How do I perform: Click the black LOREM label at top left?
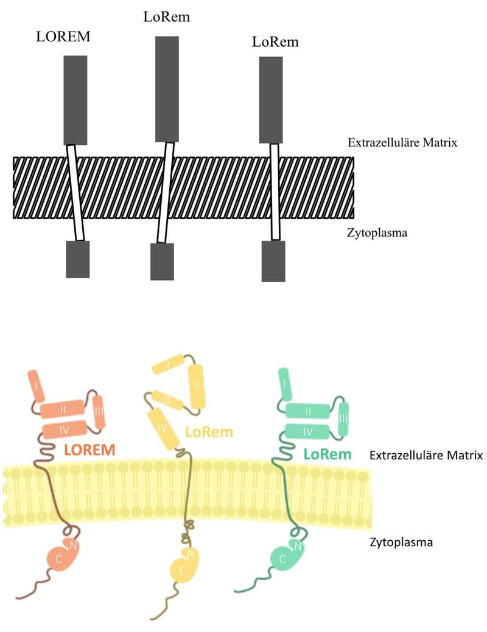point(63,36)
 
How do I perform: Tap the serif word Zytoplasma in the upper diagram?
point(377,232)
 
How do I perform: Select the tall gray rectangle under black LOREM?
point(75,100)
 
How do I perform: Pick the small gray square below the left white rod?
point(78,259)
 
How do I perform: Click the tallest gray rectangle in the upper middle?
point(167,89)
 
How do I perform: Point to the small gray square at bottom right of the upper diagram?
point(273,261)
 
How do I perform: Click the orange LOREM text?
point(90,450)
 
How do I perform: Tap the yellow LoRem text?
point(209,432)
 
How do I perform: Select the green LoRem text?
point(328,454)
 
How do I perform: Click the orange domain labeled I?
point(36,386)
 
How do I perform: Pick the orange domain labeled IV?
point(63,431)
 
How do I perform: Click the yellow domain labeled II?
point(197,386)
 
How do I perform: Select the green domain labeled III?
point(343,418)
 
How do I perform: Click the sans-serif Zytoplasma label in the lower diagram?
point(401,541)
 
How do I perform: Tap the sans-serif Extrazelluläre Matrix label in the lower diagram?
point(426,455)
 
